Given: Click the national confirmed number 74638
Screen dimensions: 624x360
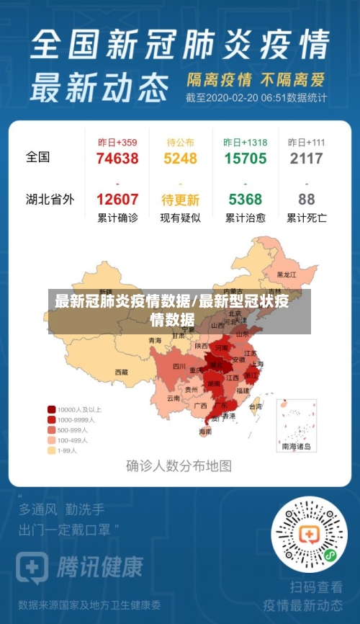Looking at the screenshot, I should coord(117,159).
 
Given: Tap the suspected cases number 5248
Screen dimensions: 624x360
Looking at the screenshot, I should coord(180,159).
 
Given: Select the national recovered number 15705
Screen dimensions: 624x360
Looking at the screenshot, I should coord(245,159).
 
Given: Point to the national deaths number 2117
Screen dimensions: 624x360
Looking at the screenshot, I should coord(306,159).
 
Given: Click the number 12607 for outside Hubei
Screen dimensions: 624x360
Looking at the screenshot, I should coord(117,200).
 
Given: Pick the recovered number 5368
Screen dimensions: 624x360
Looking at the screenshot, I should coord(245,200).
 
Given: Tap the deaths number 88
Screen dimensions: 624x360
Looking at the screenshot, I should coord(306,200).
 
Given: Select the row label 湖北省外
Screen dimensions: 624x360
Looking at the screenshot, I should coord(50,200).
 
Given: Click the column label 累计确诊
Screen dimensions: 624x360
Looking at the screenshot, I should coord(117,218).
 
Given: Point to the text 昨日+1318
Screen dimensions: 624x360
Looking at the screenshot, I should coord(245,143).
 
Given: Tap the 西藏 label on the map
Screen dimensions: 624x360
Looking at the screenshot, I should coord(121,373).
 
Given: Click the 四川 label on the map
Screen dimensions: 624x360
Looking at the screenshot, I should coord(179,367).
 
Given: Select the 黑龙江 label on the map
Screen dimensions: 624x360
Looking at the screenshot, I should coord(287,275).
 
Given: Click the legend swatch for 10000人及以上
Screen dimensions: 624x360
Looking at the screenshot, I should coord(52,409).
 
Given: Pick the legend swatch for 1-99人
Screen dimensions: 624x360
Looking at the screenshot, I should coord(52,450).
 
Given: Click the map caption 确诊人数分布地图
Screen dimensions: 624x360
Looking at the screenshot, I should coord(179,466).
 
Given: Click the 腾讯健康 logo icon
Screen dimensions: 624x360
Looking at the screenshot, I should coord(31,567).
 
